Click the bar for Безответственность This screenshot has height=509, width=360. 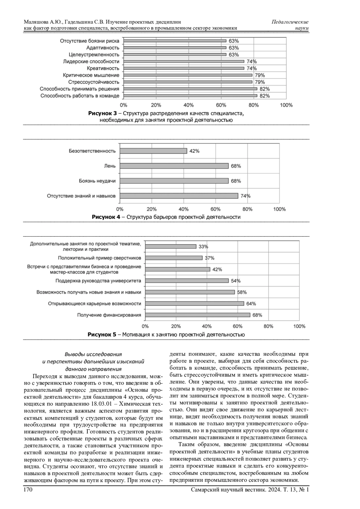[153, 151]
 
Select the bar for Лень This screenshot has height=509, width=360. [174, 166]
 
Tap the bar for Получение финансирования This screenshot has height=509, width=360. [197, 315]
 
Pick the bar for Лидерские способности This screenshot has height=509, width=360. [184, 61]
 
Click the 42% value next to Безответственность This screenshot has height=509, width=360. [194, 151]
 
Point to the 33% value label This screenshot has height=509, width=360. [203, 247]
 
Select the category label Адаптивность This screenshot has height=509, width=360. [103, 48]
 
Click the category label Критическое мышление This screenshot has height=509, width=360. [91, 75]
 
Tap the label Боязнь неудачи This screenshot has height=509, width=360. [97, 181]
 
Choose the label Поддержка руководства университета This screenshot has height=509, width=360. [98, 281]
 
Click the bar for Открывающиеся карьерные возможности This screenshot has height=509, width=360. [194, 304]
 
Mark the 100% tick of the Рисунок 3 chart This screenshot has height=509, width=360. [286, 105]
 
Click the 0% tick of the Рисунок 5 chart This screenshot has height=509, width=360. [145, 326]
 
